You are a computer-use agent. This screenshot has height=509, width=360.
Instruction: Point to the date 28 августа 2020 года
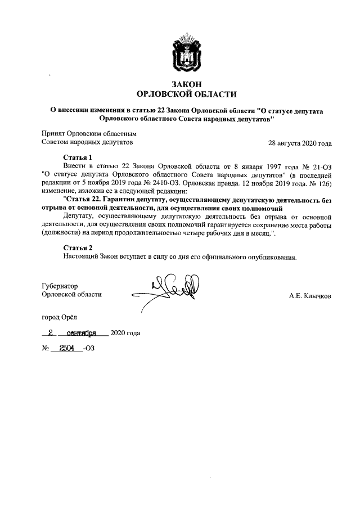(300, 143)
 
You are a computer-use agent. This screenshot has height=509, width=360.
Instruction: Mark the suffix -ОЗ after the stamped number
(88, 349)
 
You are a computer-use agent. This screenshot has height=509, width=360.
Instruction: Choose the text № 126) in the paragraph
(319, 183)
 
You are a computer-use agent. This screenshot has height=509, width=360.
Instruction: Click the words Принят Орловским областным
(89, 134)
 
